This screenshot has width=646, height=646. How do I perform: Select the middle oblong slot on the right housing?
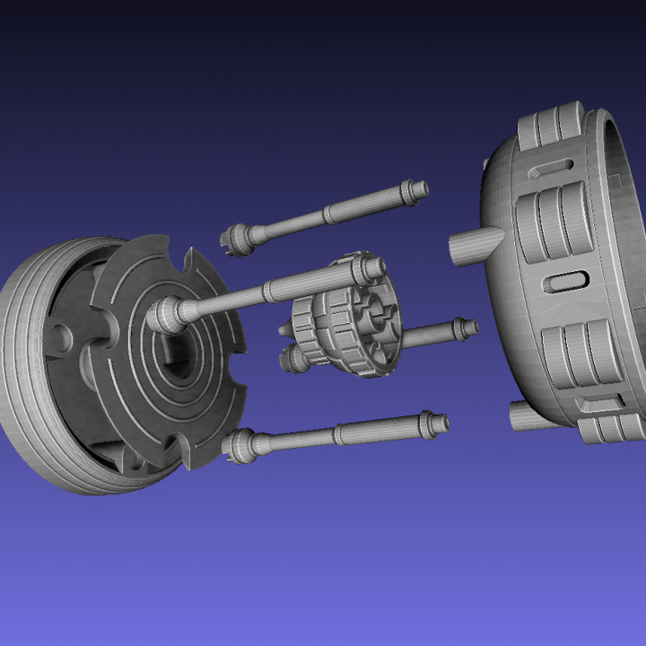pos(567,281)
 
